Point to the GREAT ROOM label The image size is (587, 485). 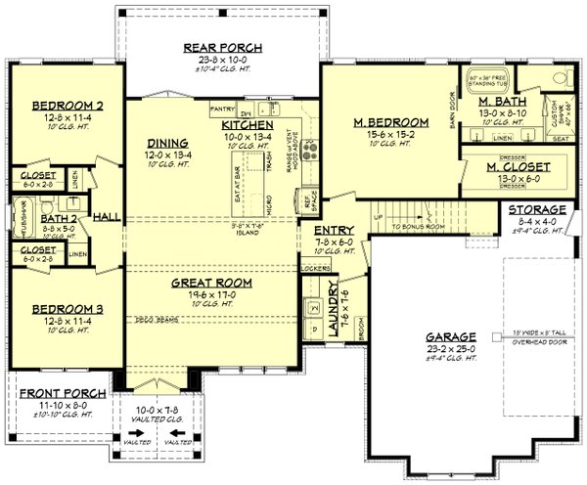[x=211, y=283]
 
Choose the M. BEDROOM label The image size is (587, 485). [x=389, y=122]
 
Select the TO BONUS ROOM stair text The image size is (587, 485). [x=418, y=226]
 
